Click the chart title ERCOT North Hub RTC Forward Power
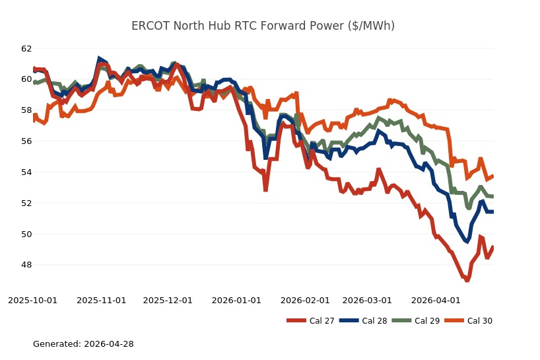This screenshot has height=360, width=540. click(263, 26)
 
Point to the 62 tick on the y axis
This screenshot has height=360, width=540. click(26, 48)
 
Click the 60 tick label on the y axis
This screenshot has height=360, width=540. click(26, 79)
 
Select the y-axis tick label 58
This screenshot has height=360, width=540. click(26, 110)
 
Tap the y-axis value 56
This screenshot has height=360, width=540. click(26, 141)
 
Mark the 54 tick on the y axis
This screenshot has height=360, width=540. click(26, 172)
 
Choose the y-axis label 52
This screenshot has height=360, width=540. click(26, 203)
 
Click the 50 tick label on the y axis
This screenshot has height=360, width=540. click(26, 234)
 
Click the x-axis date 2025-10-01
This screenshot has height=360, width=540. click(33, 301)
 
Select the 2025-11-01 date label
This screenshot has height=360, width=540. click(102, 301)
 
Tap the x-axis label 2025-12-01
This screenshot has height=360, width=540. click(168, 301)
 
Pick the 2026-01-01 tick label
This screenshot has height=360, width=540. click(236, 301)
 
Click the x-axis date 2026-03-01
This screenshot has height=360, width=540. click(368, 301)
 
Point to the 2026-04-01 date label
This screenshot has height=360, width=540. click(436, 301)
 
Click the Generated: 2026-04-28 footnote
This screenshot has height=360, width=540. click(84, 344)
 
